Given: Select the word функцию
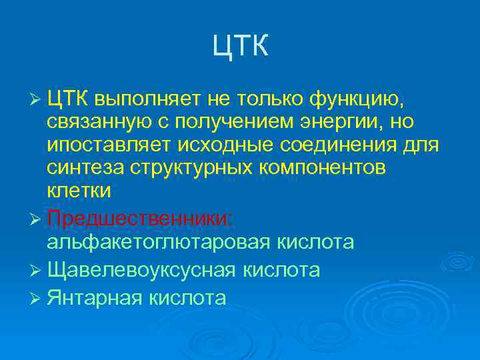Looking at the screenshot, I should pos(356,99).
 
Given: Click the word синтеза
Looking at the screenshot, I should pos(82,168).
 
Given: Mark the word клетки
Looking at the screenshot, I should pos(79,191).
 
